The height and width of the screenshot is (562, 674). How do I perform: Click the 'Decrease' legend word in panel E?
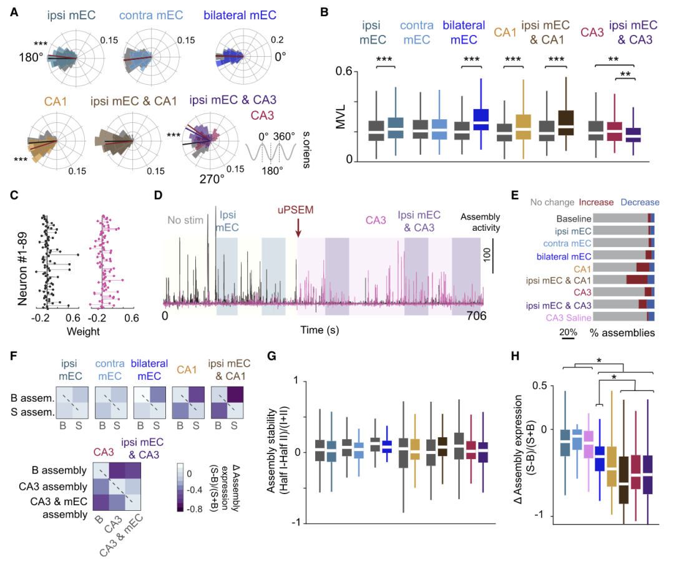coord(641,203)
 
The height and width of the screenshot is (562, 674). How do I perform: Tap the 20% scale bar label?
coord(567,334)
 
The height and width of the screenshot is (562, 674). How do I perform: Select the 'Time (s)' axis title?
coord(320,330)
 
